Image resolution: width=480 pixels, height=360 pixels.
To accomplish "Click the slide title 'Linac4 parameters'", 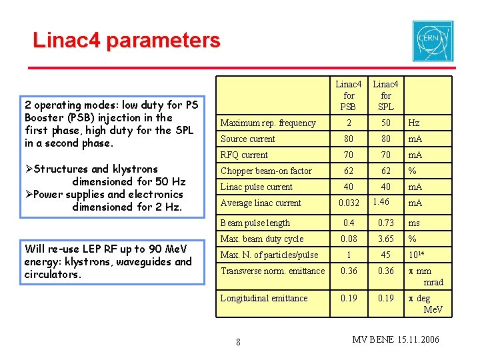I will pos(127,41).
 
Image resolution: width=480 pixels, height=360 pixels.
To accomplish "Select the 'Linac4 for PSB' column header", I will pos(348,95).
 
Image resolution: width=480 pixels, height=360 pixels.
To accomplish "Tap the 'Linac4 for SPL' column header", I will pos(385,95).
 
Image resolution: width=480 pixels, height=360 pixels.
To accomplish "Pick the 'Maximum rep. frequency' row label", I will pos(268,123).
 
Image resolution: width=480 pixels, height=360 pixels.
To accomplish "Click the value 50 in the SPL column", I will pos(385,123).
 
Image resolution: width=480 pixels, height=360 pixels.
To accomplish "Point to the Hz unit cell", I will pos(414,123).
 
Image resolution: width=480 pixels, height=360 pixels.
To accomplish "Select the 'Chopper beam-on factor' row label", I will pos(266,171).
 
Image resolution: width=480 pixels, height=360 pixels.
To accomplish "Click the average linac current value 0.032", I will pos(348,203).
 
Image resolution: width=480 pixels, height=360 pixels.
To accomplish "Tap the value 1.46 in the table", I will pos(381,201).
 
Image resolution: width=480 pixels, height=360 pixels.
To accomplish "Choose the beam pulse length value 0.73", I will pos(385,223).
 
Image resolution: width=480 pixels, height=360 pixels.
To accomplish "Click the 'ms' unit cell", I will pos(414,223).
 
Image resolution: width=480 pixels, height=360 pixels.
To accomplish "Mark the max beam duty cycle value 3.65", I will pos(385,239).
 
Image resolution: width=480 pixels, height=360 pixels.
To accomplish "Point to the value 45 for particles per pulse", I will pos(385,255).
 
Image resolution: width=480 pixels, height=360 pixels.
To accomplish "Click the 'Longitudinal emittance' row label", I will pos(264,298).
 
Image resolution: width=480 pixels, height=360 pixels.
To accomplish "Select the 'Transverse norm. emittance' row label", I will pos(273,271).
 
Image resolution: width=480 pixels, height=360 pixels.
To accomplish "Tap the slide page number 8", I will pos(239,343).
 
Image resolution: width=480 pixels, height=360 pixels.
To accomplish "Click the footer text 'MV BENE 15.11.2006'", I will pos(395,340).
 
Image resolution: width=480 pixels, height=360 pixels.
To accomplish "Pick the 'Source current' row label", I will pos(248,139).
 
